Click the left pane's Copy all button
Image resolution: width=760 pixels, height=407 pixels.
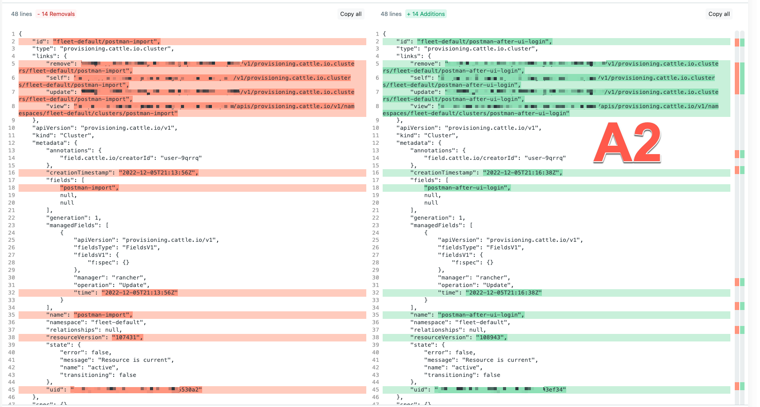350,14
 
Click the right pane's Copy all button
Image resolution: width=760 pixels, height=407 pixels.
718,14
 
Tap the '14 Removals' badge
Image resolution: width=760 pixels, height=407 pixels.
56,14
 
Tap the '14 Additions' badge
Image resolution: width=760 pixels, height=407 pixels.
426,14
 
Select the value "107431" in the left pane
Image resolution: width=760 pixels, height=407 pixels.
127,337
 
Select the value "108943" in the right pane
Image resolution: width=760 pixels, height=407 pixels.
491,337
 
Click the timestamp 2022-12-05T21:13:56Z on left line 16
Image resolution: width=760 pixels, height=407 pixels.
158,173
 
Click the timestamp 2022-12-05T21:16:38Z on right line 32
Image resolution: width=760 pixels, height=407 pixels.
503,293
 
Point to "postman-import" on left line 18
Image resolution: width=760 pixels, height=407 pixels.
89,188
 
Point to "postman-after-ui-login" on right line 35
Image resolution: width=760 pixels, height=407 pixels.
481,315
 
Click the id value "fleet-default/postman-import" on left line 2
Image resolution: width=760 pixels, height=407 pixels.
106,42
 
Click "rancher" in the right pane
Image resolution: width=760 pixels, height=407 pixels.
493,278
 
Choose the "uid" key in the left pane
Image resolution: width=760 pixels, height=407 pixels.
57,390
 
